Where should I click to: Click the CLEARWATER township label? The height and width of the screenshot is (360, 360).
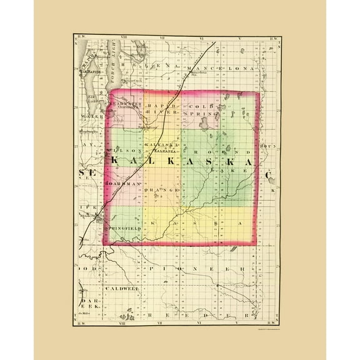click(x=126, y=104)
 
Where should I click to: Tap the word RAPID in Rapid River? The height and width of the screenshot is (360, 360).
click(x=158, y=106)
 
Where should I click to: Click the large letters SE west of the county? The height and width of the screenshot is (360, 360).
click(x=84, y=172)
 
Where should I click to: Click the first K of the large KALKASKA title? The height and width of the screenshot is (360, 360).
click(x=116, y=161)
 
